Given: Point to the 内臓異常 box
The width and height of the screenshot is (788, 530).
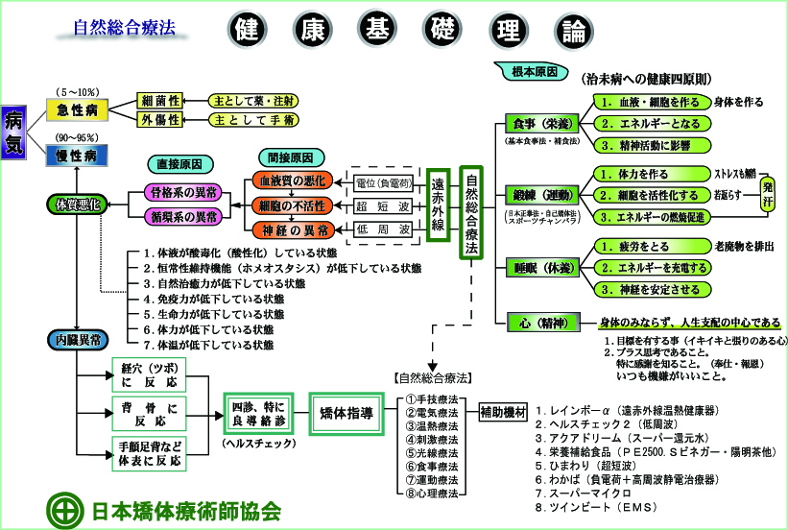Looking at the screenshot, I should (78, 339).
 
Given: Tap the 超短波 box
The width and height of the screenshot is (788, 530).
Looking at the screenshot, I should (382, 205).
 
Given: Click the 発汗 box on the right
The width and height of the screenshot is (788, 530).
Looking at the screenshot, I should (767, 194).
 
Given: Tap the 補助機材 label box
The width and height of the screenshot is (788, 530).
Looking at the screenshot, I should (503, 413).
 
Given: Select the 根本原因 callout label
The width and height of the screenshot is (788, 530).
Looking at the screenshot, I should (526, 73).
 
